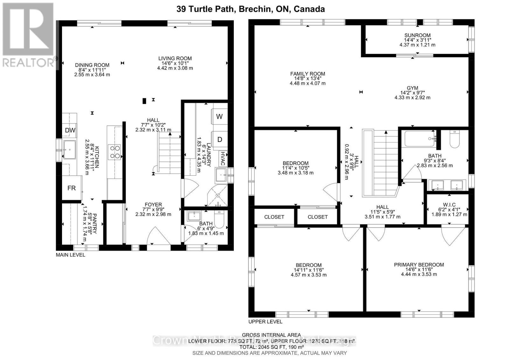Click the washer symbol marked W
[220, 116]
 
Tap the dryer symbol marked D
[220, 139]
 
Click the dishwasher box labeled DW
[70, 130]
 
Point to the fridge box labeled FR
[72, 188]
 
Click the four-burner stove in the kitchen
[115, 152]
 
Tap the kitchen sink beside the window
[69, 149]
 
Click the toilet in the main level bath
[220, 219]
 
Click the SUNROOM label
[417, 35]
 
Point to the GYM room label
[412, 88]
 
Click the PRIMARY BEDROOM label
[419, 265]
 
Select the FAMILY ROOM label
[307, 74]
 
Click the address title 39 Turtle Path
[251, 9]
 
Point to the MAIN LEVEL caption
[70, 255]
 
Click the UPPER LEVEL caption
[265, 321]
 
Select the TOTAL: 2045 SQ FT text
[271, 347]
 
